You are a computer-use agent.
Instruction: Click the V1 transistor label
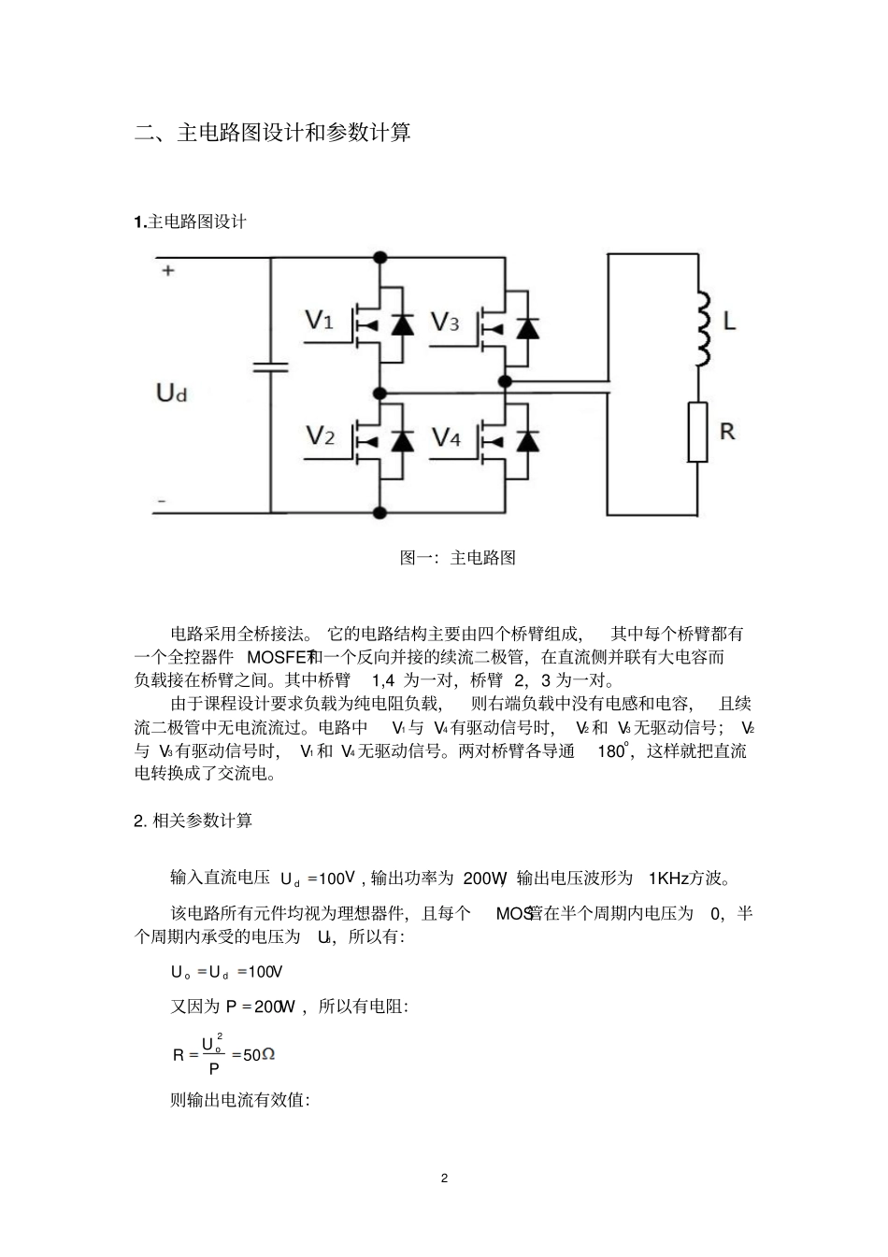[320, 321]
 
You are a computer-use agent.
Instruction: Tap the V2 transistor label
[320, 436]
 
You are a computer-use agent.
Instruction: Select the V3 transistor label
[444, 323]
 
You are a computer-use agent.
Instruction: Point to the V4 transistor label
[446, 437]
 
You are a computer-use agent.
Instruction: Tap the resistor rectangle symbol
[697, 432]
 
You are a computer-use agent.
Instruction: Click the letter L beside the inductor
[730, 322]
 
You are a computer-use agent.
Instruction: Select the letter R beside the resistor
[727, 431]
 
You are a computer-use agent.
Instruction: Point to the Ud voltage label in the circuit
[171, 393]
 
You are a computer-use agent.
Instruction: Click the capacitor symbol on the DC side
[271, 367]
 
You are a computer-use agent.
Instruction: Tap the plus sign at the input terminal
[168, 271]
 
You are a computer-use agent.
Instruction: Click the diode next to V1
[402, 325]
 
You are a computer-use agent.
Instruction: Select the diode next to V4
[528, 440]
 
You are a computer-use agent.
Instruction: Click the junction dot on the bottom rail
[380, 512]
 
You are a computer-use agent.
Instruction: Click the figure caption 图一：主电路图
[458, 558]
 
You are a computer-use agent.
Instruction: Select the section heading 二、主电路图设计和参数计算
[272, 133]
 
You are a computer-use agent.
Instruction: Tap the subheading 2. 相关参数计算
[193, 821]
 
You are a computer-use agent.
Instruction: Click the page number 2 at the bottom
[444, 1178]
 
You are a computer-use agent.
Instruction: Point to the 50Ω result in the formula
[259, 1055]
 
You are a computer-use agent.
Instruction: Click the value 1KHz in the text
[667, 878]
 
